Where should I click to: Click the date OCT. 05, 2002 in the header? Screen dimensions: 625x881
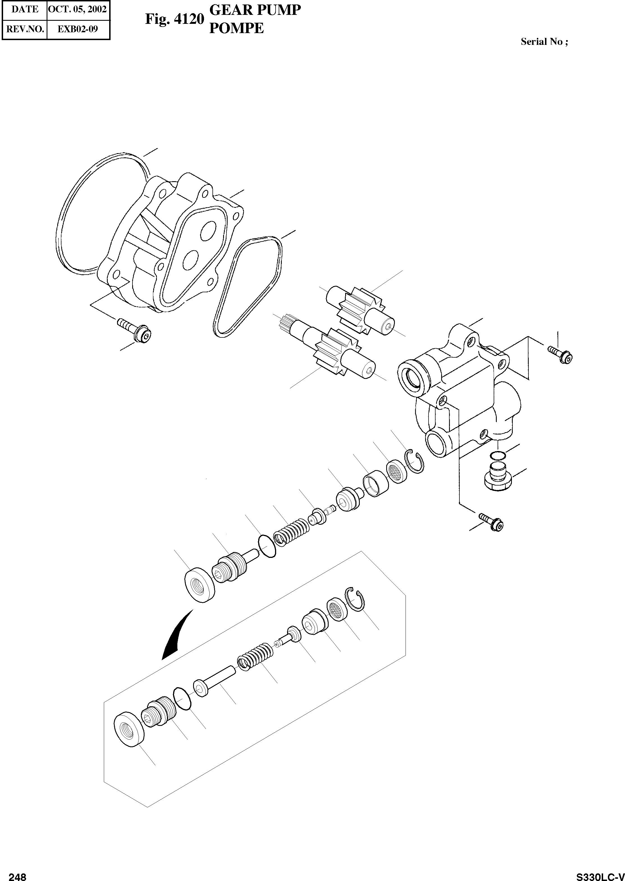point(78,9)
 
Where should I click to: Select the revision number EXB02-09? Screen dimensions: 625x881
point(78,29)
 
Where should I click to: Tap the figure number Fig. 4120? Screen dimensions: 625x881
point(174,19)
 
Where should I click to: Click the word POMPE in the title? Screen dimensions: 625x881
point(236,28)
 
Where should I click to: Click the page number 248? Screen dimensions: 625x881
point(17,874)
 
